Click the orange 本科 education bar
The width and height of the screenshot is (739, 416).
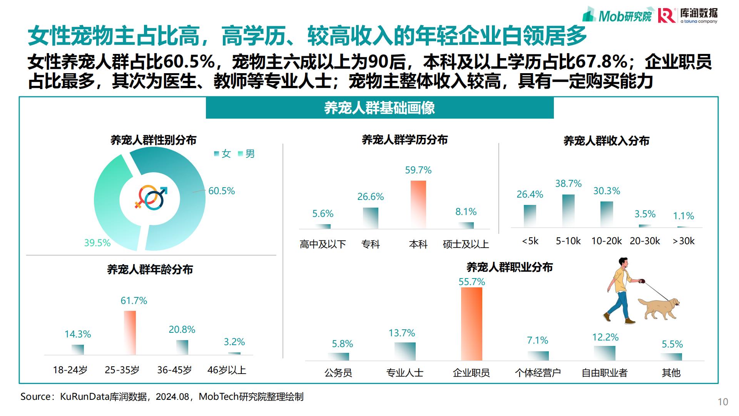click(418, 204)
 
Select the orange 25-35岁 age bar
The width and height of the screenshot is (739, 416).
click(130, 332)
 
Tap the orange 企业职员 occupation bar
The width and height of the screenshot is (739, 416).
click(471, 324)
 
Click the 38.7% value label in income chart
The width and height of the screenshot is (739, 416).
click(568, 184)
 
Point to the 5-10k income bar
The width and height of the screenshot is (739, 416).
click(568, 210)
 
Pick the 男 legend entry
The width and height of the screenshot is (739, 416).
click(247, 154)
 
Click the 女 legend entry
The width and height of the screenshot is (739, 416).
click(223, 154)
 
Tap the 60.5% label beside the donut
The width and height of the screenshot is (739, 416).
click(221, 191)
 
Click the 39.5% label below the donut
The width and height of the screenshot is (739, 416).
click(97, 243)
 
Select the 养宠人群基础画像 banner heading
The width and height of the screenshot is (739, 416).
click(380, 108)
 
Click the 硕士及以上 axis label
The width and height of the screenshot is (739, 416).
click(466, 244)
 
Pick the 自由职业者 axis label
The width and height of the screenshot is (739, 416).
click(604, 373)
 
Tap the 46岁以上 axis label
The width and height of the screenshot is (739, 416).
click(227, 370)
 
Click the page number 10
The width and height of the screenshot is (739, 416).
click(723, 402)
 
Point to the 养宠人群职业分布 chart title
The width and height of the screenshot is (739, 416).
click(510, 267)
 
